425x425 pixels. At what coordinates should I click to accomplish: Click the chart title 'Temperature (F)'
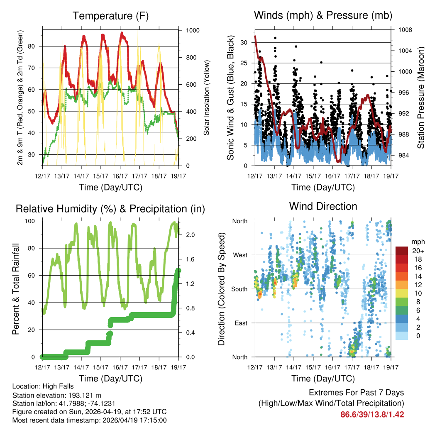click(x=110, y=16)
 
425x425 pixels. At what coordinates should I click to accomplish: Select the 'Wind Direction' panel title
click(x=323, y=206)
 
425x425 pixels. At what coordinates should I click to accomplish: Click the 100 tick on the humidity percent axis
click(x=34, y=221)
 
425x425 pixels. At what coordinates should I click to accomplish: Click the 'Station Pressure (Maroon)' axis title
click(x=420, y=98)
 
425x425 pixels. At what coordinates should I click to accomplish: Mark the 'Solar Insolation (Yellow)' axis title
click(x=206, y=98)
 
